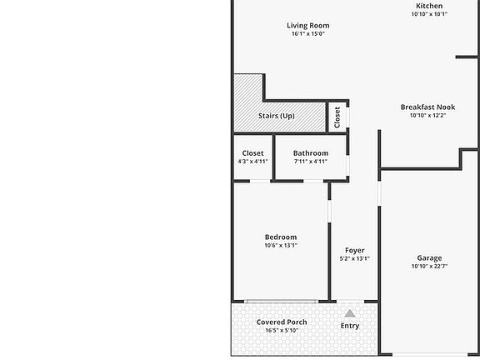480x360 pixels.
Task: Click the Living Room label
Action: [x=308, y=25]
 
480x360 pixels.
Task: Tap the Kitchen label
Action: [x=429, y=6]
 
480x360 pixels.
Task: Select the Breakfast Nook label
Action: [x=427, y=107]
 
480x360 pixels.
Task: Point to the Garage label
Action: [x=429, y=258]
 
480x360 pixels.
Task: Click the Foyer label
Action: [x=354, y=250]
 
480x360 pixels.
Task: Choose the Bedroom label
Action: [x=281, y=237]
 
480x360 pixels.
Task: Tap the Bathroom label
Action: [x=310, y=153]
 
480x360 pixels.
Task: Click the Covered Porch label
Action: [x=282, y=322]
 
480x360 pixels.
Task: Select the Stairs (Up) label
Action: [x=276, y=116]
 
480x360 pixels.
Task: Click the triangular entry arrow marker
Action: [x=350, y=313]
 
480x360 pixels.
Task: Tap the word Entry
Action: [x=350, y=326]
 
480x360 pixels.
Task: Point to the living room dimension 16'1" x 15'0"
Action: [x=308, y=34]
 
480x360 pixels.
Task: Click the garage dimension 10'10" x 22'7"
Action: [x=429, y=267]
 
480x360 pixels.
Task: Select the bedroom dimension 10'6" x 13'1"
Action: [x=281, y=246]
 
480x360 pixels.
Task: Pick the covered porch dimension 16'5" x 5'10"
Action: [x=282, y=330]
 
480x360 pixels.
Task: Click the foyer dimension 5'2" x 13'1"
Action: [x=354, y=258]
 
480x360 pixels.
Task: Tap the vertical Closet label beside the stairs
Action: [x=337, y=117]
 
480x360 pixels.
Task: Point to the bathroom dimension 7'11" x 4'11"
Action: [x=310, y=162]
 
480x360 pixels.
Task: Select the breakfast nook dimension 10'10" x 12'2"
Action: [x=427, y=116]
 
